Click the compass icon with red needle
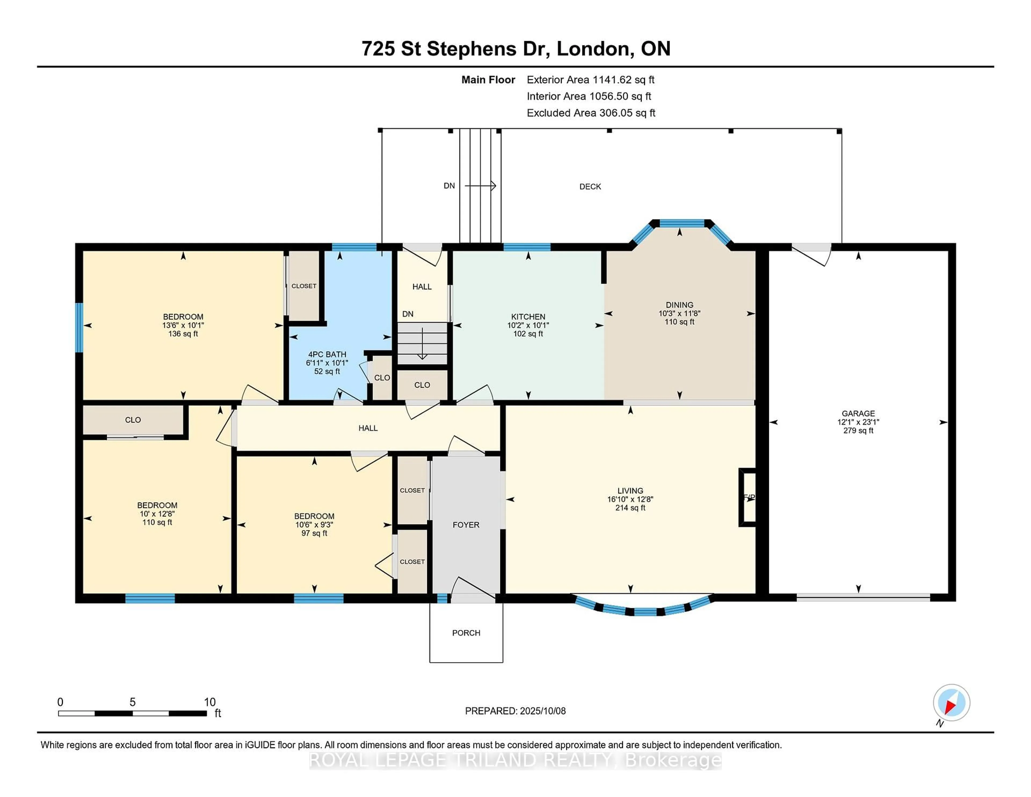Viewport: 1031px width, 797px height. tap(951, 702)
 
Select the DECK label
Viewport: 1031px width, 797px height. tap(590, 187)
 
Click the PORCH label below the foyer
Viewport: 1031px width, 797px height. tap(466, 633)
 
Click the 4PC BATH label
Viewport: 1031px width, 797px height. tap(327, 354)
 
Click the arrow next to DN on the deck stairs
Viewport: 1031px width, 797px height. tap(481, 186)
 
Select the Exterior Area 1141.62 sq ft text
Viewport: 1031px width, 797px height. tap(590, 80)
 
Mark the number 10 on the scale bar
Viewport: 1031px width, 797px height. tap(210, 702)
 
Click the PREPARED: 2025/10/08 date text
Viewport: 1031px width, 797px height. tap(515, 711)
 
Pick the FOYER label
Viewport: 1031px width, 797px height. tap(466, 524)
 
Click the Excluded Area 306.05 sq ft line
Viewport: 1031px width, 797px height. tap(591, 113)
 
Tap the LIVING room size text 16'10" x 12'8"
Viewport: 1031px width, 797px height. tap(630, 499)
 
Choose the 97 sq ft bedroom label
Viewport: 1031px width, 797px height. tap(314, 533)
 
